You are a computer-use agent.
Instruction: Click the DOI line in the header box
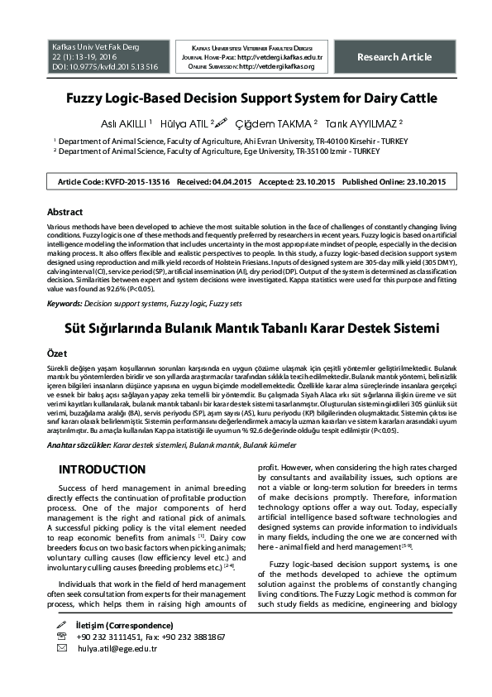pyautogui.click(x=93, y=66)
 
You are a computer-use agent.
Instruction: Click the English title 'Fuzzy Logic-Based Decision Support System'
pyautogui.click(x=246, y=98)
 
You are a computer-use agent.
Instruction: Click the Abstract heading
pyautogui.click(x=64, y=213)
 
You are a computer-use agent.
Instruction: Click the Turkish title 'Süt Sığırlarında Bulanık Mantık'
pyautogui.click(x=246, y=329)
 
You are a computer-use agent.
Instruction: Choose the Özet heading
pyautogui.click(x=58, y=353)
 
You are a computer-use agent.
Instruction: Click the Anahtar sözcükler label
pyautogui.click(x=79, y=445)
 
